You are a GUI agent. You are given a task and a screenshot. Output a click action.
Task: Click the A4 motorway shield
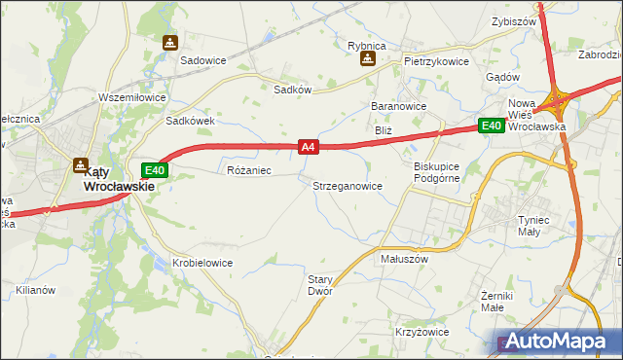tap(308, 147)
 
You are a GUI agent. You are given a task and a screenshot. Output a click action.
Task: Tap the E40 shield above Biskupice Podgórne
tap(490, 126)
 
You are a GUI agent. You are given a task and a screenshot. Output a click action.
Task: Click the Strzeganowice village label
tap(347, 185)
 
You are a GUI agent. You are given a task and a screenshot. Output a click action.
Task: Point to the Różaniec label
tap(248, 170)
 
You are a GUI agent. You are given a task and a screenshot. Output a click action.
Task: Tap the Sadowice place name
tap(202, 59)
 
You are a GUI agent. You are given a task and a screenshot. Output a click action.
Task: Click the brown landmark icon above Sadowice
tap(170, 43)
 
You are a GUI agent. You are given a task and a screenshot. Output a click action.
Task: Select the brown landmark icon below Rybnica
tap(368, 59)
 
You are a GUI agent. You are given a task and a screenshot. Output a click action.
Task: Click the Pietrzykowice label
tap(437, 60)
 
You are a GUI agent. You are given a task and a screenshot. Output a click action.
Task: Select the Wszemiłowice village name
tap(132, 97)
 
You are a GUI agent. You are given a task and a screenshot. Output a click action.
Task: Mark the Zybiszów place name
tap(515, 20)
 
